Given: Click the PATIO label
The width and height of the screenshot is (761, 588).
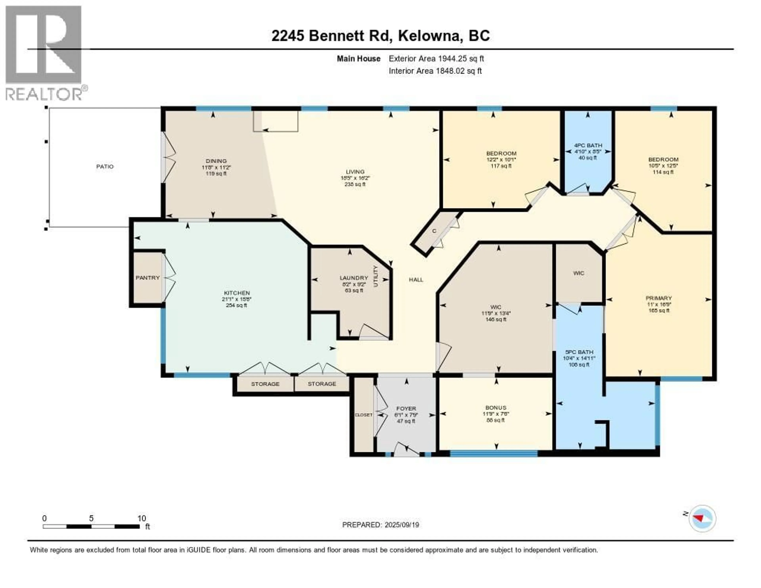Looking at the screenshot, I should pyautogui.click(x=105, y=167).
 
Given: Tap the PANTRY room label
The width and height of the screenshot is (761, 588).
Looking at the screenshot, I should pyautogui.click(x=147, y=278).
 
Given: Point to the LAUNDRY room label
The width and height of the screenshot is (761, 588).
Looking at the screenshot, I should pyautogui.click(x=354, y=278).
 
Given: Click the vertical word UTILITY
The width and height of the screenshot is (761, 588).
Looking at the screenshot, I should pyautogui.click(x=376, y=276).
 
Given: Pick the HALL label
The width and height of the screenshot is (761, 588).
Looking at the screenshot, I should pyautogui.click(x=416, y=280).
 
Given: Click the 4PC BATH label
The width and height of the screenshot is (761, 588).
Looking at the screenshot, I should pyautogui.click(x=588, y=145).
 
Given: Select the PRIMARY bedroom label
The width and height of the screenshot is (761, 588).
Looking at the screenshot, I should pyautogui.click(x=659, y=298).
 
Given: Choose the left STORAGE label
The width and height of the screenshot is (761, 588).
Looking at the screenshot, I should pyautogui.click(x=265, y=384).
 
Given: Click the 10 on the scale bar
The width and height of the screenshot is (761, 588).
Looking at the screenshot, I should pyautogui.click(x=141, y=518).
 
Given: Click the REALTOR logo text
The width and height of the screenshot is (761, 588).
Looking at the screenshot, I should pyautogui.click(x=44, y=94).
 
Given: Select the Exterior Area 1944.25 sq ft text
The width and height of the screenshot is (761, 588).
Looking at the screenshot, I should pyautogui.click(x=436, y=58).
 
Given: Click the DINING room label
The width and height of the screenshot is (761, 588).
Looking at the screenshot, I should pyautogui.click(x=216, y=161).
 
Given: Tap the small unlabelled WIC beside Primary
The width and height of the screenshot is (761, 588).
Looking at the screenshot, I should pyautogui.click(x=578, y=273).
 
